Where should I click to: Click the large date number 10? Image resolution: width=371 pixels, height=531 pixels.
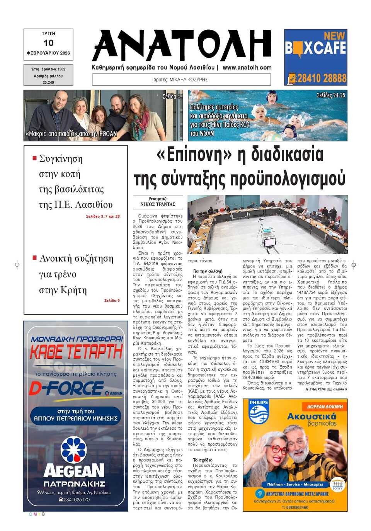click(x=48, y=43)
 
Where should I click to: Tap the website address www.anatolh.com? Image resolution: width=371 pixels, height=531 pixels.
click(x=247, y=67)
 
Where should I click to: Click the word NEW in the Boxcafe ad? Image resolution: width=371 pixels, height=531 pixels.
click(x=334, y=36)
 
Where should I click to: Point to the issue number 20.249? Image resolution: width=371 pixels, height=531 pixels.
click(x=48, y=82)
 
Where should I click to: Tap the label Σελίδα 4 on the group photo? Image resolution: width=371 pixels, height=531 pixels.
click(x=171, y=96)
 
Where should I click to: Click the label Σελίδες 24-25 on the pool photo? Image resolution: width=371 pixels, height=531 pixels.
click(x=331, y=95)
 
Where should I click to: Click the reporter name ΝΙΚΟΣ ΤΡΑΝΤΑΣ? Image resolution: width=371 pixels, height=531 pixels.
click(x=158, y=204)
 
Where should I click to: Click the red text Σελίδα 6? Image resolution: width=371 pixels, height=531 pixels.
click(x=112, y=300)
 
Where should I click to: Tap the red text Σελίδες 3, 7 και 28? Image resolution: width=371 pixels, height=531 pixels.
click(x=103, y=216)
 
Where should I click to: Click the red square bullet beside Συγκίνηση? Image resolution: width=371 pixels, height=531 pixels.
click(x=34, y=158)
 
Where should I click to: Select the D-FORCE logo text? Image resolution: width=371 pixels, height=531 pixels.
click(x=67, y=388)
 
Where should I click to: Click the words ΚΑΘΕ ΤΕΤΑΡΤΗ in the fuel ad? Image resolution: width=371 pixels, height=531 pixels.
click(x=76, y=352)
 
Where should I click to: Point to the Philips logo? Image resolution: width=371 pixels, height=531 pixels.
click(x=258, y=412)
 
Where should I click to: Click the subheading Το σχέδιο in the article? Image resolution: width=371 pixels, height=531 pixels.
click(x=203, y=460)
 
